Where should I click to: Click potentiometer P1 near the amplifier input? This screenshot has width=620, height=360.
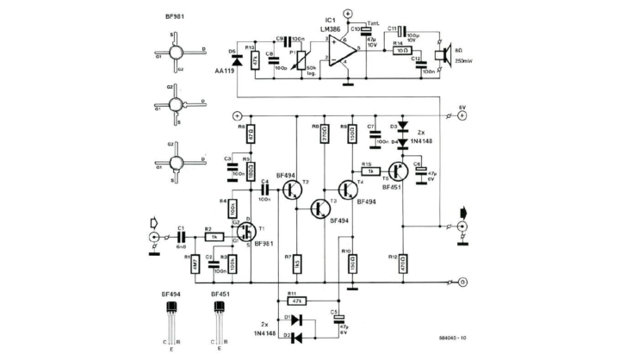click(302, 61)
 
